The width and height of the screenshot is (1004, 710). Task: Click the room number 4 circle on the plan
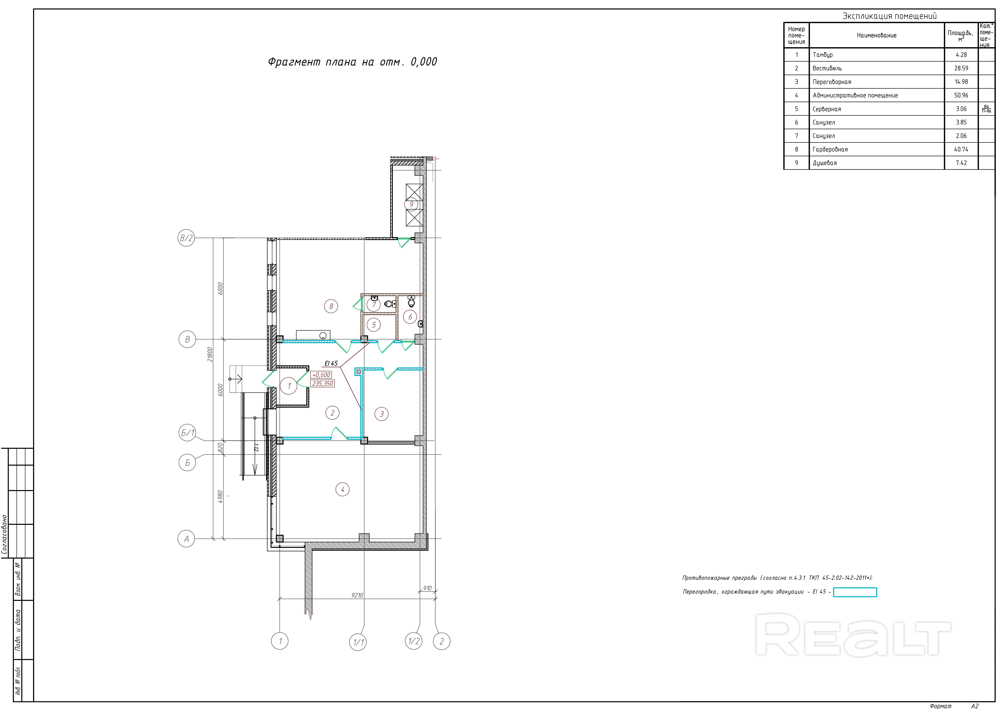342,490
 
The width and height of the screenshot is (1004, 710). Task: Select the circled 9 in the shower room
411,204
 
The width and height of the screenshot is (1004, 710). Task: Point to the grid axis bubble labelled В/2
186,238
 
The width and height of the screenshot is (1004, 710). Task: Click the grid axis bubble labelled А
186,539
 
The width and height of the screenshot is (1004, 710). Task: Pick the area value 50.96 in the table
961,95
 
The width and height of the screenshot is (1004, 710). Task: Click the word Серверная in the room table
826,109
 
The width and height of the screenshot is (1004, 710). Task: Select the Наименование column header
876,35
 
